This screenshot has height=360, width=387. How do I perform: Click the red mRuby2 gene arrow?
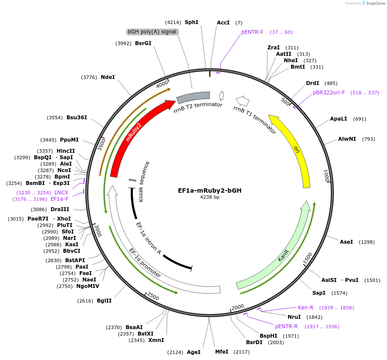[x=133, y=137]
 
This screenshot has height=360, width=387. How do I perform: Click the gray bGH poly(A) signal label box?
[x=152, y=32]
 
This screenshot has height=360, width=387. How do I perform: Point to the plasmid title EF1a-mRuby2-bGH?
[x=210, y=190]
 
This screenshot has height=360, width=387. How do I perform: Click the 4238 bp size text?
[x=210, y=197]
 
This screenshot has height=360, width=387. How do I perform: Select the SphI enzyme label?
[x=191, y=22]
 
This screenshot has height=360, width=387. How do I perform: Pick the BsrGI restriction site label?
[x=143, y=43]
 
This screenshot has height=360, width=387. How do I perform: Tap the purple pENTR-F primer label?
[x=252, y=32]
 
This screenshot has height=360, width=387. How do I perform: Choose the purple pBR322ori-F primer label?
[x=329, y=93]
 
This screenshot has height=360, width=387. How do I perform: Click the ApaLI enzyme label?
[x=338, y=119]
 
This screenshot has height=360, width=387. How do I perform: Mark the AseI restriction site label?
[x=346, y=242]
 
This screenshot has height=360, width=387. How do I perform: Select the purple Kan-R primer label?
[x=306, y=308]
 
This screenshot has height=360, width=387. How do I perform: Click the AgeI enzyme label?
[x=194, y=352]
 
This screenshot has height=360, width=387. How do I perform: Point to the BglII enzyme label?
[x=104, y=301]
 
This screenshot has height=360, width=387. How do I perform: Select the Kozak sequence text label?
[x=144, y=182]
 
